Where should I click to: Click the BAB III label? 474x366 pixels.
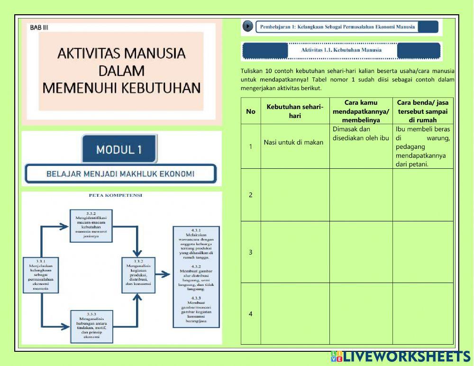click(39, 27)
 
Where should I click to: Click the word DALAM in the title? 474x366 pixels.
click(121, 71)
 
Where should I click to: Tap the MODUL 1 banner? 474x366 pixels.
click(119, 150)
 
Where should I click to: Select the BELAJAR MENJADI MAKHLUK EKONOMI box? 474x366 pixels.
click(120, 174)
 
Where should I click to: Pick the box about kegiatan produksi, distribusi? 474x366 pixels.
click(138, 274)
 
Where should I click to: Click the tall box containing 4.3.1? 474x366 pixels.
click(196, 277)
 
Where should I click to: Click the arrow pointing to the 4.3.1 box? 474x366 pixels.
click(163, 274)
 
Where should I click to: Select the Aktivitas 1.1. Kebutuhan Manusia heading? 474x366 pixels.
click(341, 50)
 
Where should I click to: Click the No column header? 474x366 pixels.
click(251, 111)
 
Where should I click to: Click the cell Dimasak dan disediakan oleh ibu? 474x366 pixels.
click(361, 133)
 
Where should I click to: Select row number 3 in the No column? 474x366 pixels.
click(251, 252)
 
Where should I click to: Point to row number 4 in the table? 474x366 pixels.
click(251, 314)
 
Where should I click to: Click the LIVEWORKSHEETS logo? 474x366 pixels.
click(401, 357)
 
